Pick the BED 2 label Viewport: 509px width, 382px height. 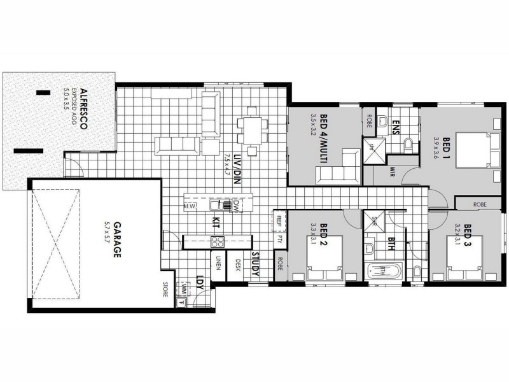323,234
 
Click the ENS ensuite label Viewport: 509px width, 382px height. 395,125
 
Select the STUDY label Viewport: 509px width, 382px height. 254,265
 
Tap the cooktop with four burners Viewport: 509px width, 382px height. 218,241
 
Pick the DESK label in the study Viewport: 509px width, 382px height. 237,265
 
